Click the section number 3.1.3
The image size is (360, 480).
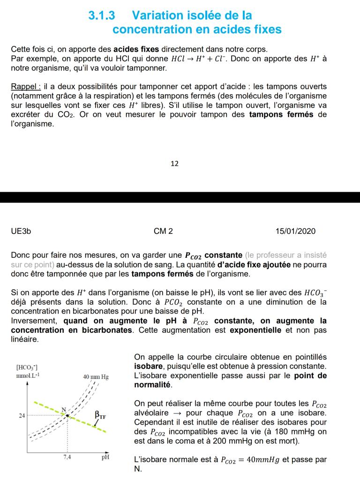[102, 15]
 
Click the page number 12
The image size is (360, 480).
[174, 164]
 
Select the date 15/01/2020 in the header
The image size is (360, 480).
[295, 231]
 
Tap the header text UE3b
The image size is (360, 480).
[21, 231]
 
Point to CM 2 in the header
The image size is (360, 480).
[163, 231]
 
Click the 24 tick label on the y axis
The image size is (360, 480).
[22, 415]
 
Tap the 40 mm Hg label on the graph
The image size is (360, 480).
[96, 376]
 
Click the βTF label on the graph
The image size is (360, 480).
[101, 415]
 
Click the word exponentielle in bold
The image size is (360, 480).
[255, 330]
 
